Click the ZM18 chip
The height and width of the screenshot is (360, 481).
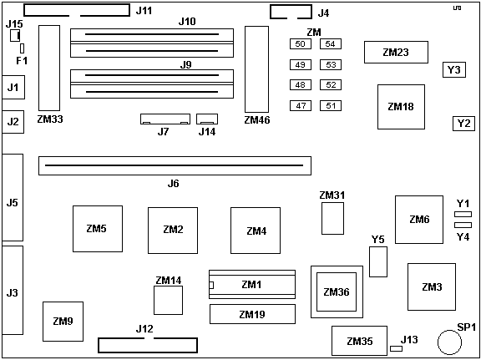tap(401, 106)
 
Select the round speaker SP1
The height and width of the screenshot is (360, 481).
tap(450, 341)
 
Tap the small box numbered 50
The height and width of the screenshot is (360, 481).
tap(299, 43)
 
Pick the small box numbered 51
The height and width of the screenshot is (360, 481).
tap(330, 105)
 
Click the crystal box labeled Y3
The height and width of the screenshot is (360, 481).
tap(453, 69)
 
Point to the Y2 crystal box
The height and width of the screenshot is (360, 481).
tap(463, 123)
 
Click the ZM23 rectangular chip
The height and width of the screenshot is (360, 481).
tap(395, 53)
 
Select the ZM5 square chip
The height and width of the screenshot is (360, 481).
tap(97, 228)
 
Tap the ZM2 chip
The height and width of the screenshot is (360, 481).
tap(173, 229)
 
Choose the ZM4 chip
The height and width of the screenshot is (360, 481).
tap(256, 231)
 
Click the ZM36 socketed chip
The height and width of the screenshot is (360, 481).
tap(335, 292)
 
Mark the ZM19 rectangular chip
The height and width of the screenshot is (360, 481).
tap(251, 314)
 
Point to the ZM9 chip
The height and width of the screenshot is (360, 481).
tap(63, 321)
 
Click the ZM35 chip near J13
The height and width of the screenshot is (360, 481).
tap(359, 340)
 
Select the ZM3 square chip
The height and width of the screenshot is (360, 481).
tap(431, 286)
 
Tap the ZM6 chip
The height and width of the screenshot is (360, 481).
tap(419, 219)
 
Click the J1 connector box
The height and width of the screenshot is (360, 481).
tap(13, 86)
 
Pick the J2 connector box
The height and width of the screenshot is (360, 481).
tap(13, 122)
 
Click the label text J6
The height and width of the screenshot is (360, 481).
tap(173, 183)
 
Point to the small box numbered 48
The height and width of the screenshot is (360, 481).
tap(299, 84)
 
